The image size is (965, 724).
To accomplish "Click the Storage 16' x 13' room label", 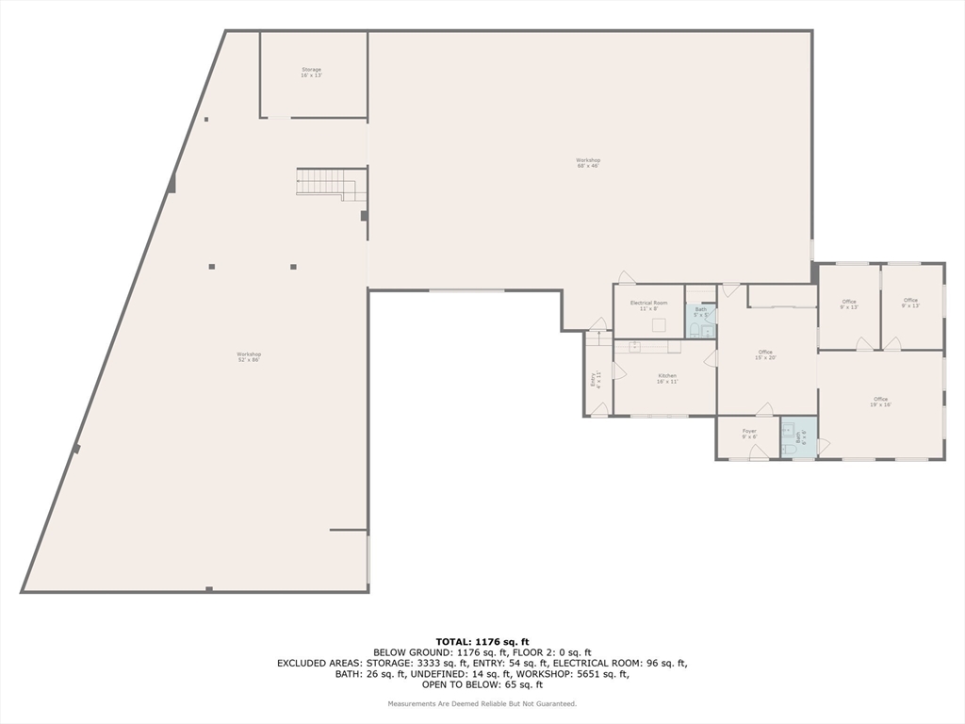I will tap(311, 72).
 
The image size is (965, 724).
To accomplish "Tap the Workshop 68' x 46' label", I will tap(588, 162).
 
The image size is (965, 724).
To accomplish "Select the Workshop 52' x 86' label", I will tap(249, 356).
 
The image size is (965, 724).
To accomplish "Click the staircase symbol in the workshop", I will tap(331, 183).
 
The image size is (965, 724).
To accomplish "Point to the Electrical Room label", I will tap(648, 305).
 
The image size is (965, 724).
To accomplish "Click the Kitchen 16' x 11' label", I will tap(666, 378).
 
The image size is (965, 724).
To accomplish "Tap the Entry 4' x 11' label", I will tap(595, 379).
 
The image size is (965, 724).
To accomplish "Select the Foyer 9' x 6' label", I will tap(749, 434).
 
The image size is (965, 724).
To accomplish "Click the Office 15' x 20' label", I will tap(765, 354).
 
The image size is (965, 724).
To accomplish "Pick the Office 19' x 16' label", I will tap(880, 401).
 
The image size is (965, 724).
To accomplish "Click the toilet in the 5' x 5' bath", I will tap(695, 329).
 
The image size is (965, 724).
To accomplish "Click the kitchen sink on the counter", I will tap(636, 346).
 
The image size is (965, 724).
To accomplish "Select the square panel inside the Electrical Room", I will tap(659, 325).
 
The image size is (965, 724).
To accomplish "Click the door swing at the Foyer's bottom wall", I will tap(757, 452).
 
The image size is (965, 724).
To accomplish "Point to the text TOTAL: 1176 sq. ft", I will tap(482, 641).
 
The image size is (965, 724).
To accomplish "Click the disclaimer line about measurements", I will tap(482, 704).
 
